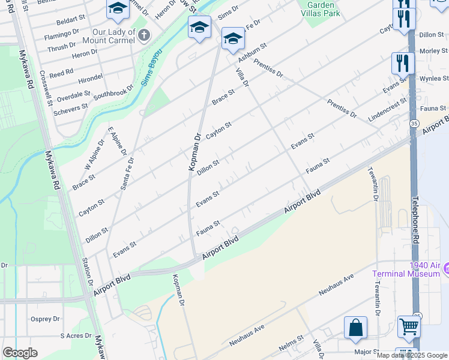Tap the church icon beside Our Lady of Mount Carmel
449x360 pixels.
143,35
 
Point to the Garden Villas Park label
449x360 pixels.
320,8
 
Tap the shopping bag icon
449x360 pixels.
355,328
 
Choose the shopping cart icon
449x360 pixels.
409,327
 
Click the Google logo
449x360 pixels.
20,352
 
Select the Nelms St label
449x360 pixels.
291,347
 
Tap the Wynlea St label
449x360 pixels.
433,79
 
